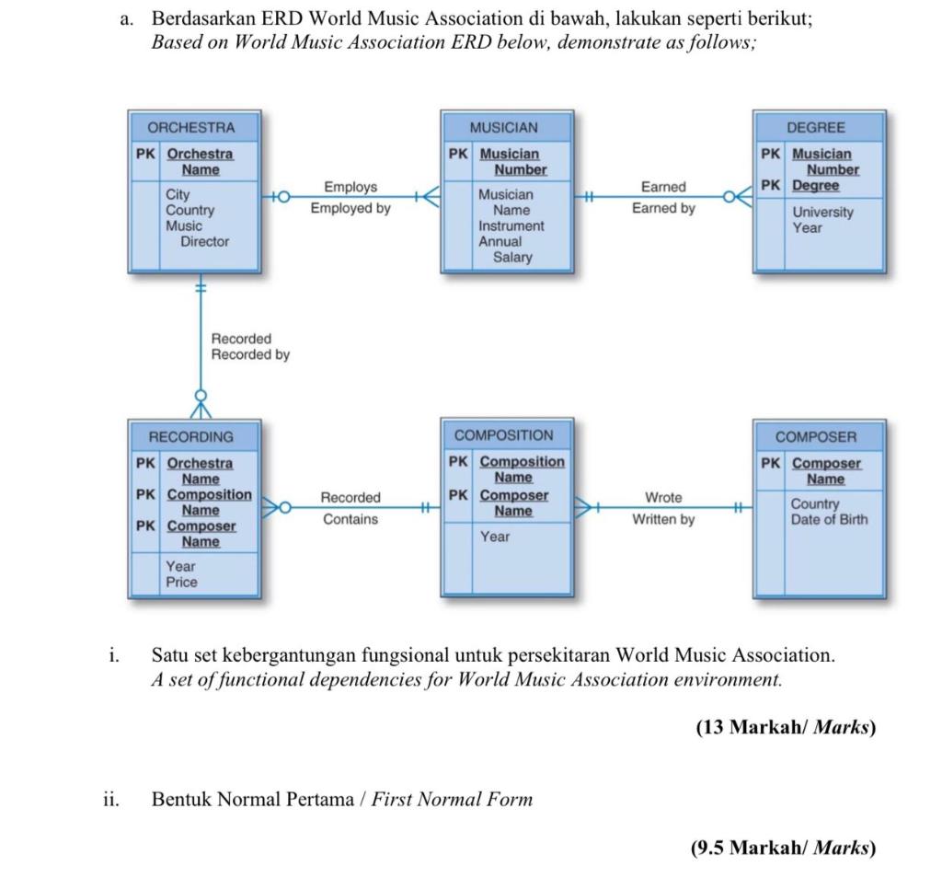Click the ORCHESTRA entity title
coord(191,128)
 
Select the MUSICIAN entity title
coord(503,128)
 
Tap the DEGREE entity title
coord(815,128)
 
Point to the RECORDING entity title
coord(191,436)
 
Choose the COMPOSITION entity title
coord(503,435)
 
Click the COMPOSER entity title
coord(815,437)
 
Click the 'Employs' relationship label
coord(350,187)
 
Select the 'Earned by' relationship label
coord(663,208)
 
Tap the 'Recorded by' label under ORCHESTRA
coord(250,354)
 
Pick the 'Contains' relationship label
coord(350,519)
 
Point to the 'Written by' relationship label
coord(663,519)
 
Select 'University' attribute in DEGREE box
coord(822,212)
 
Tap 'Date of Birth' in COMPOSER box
coord(829,519)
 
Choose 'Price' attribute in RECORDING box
coord(181,582)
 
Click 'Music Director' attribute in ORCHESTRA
coord(197,234)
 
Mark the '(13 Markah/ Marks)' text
coord(785,728)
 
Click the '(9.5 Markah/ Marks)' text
coord(783,848)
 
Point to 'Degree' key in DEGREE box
coord(815,185)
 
